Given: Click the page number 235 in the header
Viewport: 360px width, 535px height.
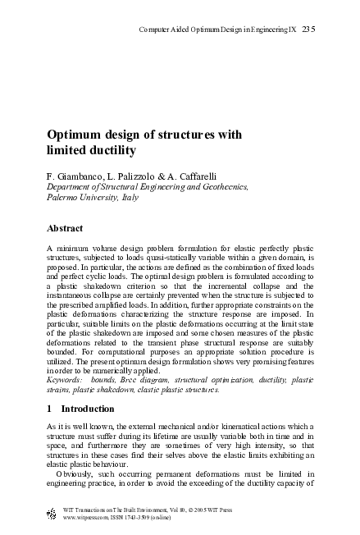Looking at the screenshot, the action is pos(308,30).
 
